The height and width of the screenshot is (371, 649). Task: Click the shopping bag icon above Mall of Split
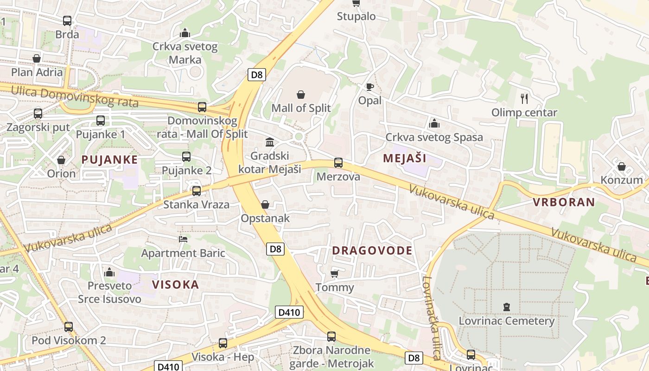pos(301,95)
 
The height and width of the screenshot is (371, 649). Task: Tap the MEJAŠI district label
pos(404,158)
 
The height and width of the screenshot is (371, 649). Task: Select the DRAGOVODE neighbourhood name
pos(372,250)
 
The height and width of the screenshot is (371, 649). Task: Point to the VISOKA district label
pos(176,284)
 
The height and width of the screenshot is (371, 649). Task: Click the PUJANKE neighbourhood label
pos(109,160)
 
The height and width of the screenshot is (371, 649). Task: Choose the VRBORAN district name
pos(563,202)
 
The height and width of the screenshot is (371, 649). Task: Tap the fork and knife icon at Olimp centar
pos(524,98)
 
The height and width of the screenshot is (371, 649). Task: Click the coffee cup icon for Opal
pos(369,87)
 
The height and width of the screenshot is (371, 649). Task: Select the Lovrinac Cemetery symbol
pos(507,307)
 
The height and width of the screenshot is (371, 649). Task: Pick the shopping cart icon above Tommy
pos(335,274)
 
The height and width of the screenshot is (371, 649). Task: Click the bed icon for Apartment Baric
pos(183,239)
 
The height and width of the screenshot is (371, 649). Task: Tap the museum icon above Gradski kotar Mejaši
pos(269,141)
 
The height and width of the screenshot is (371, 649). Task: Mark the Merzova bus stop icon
pos(338,163)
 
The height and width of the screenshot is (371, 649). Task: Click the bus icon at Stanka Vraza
pos(197,191)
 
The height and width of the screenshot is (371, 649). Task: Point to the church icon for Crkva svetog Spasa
pos(434,123)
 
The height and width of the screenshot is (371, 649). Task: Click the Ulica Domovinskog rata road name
pos(74,96)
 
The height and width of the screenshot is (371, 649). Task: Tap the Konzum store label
pos(622,180)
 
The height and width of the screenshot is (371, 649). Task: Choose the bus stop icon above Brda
pos(67,21)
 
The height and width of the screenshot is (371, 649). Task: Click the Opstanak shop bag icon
pos(265,205)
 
